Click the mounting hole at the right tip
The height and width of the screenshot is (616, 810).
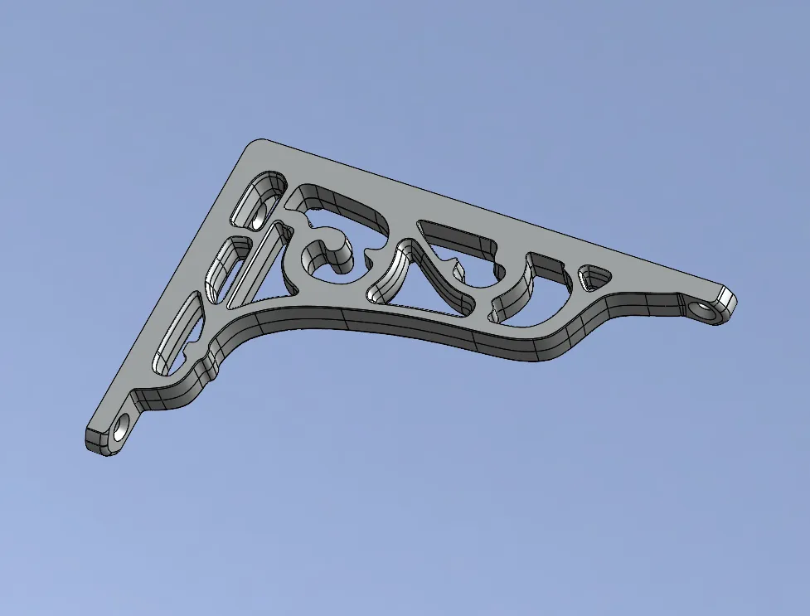point(704,311)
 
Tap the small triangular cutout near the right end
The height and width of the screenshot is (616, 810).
point(594,278)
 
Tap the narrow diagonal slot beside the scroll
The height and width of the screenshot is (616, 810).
point(259,264)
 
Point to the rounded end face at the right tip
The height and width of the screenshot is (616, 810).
point(728,299)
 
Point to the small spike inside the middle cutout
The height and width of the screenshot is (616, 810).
point(455,266)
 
